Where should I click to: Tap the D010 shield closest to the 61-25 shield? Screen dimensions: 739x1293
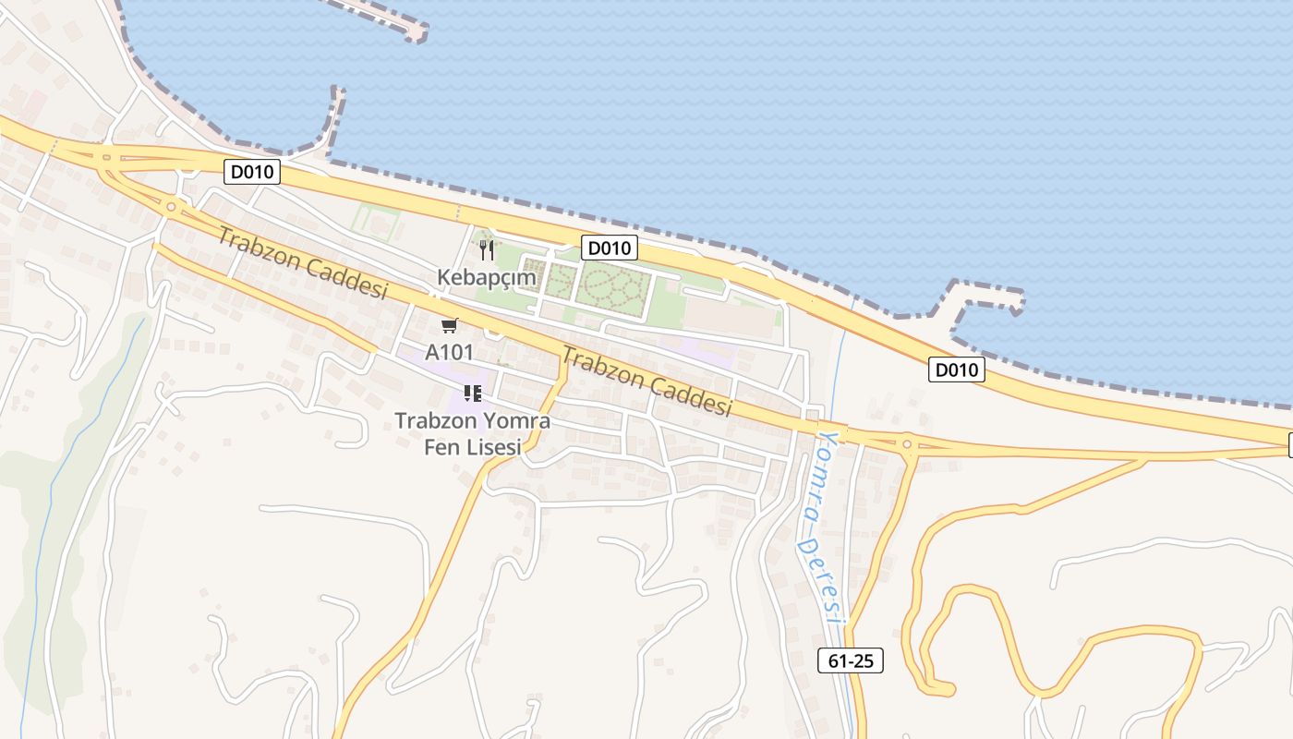pyautogui.click(x=957, y=370)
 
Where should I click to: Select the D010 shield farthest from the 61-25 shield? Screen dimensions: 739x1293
pyautogui.click(x=252, y=172)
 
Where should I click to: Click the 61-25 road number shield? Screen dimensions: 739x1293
pyautogui.click(x=851, y=660)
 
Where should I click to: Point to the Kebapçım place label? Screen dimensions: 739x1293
pyautogui.click(x=487, y=276)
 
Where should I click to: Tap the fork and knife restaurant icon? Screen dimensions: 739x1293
pyautogui.click(x=487, y=249)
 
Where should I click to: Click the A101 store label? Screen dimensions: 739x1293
pyautogui.click(x=449, y=352)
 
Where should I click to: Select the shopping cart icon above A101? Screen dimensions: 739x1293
pyautogui.click(x=450, y=326)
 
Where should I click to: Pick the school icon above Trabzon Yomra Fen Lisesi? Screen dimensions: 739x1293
pyautogui.click(x=473, y=394)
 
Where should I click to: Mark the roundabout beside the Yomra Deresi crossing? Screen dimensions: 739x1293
pyautogui.click(x=907, y=445)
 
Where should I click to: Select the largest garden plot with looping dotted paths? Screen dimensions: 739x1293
pyautogui.click(x=614, y=286)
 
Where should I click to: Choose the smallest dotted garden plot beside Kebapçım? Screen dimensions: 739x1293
pyautogui.click(x=529, y=274)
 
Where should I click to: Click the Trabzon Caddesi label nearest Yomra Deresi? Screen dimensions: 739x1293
pyautogui.click(x=646, y=382)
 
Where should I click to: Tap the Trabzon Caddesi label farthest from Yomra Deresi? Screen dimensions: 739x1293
pyautogui.click(x=301, y=262)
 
